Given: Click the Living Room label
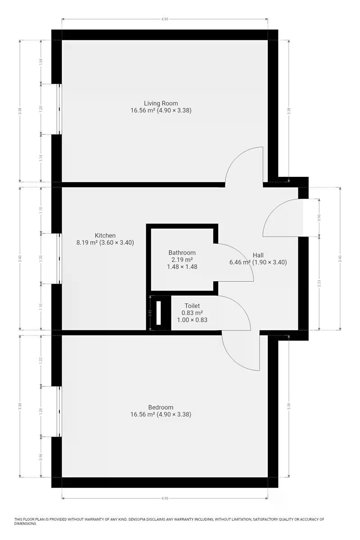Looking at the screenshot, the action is tap(161, 103).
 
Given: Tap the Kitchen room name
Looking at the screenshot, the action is tap(105, 235).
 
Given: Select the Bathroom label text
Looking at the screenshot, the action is tap(182, 252).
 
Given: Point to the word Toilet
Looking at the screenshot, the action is tap(192, 306).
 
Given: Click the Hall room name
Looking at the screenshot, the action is tap(258, 255).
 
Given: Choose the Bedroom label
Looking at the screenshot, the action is tap(161, 407).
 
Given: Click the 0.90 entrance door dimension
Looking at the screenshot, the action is tap(319, 218).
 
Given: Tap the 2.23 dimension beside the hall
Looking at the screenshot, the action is tap(319, 283).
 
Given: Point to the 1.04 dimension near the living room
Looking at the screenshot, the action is tap(41, 62).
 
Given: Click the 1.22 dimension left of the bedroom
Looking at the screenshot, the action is tap(41, 360).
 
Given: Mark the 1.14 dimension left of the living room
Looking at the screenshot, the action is tap(41, 158).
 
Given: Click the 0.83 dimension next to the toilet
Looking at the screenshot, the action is tap(150, 313).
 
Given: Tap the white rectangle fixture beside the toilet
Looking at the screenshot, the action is tap(158, 313).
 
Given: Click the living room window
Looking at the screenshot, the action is tap(59, 109).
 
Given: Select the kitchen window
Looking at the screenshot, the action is tap(59, 258).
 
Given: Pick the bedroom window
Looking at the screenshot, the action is tap(59, 411).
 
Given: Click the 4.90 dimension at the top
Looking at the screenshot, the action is tap(165, 19).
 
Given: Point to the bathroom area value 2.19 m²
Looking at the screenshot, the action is tap(182, 260).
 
